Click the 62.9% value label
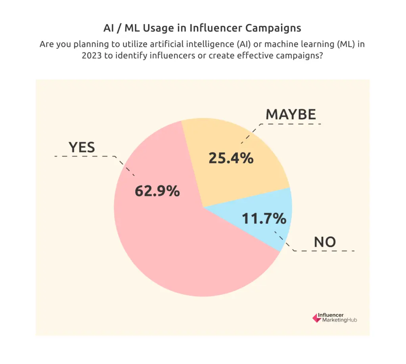pyautogui.click(x=157, y=192)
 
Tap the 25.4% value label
pyautogui.click(x=231, y=158)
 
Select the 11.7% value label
pyautogui.click(x=264, y=218)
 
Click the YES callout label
pyautogui.click(x=82, y=147)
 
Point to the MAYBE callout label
pyautogui.click(x=291, y=114)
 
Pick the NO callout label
pyautogui.click(x=325, y=242)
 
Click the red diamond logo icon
pyautogui.click(x=316, y=318)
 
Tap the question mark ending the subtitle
pyautogui.click(x=321, y=56)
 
